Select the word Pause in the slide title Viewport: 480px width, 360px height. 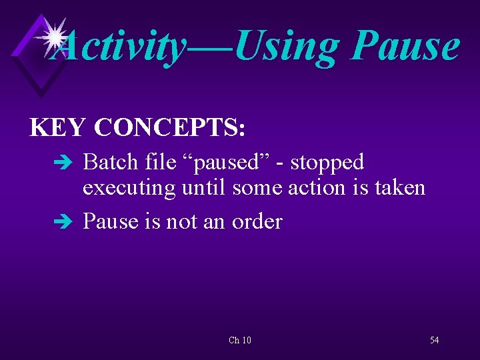(405, 45)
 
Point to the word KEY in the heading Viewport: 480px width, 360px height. (58, 127)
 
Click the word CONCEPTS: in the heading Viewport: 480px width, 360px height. (170, 127)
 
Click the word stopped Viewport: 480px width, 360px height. (327, 162)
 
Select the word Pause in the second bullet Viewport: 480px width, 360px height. (111, 221)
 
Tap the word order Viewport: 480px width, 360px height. (257, 221)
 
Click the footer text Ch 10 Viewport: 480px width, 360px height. (240, 341)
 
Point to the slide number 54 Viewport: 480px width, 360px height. (435, 341)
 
